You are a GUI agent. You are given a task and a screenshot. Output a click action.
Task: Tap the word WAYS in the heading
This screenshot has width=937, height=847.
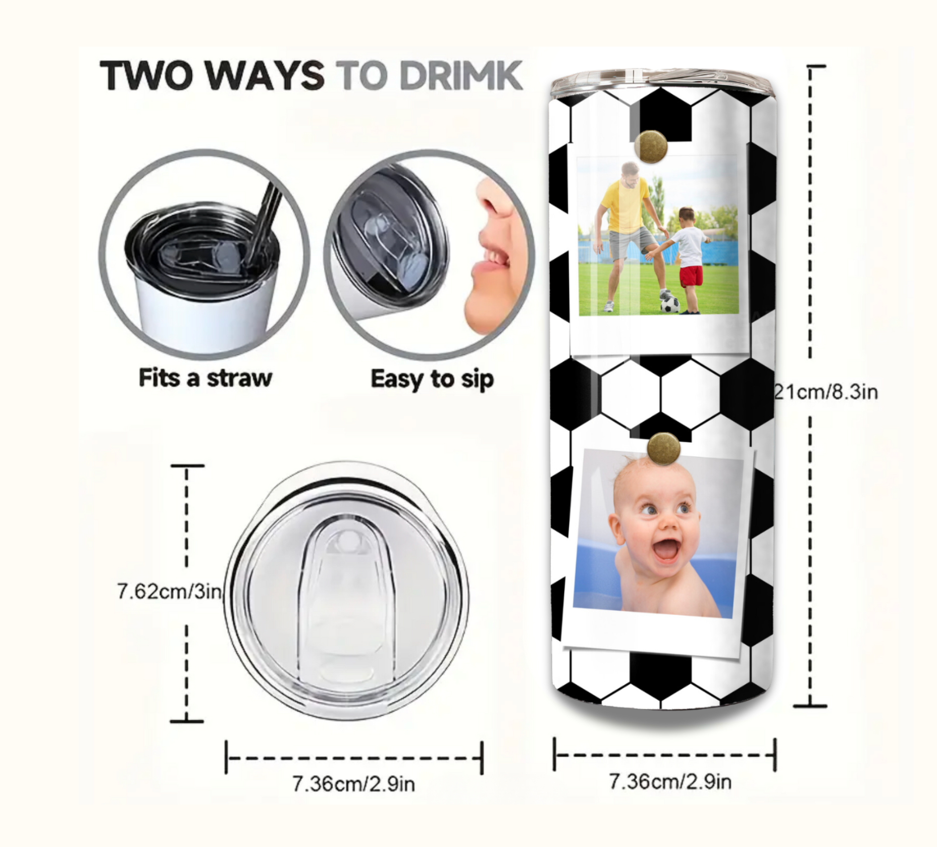pos(265,76)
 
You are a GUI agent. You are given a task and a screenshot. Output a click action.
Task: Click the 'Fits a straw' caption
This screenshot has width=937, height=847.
pos(205,378)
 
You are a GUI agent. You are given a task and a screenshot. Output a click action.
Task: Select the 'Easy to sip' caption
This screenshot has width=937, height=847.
pos(432,379)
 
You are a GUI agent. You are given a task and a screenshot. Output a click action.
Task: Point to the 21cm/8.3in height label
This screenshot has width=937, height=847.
pos(827,392)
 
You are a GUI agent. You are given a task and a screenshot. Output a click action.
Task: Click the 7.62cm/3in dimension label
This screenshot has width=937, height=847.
pos(169,591)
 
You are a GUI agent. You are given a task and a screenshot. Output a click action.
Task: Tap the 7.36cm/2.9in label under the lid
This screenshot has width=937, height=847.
pos(353,783)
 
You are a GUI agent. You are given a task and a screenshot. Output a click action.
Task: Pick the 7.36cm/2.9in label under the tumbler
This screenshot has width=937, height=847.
pos(670,781)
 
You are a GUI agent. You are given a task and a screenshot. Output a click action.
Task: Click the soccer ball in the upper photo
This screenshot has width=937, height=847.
pos(669,304)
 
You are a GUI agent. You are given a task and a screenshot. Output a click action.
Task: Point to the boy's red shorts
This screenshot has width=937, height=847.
pos(691,277)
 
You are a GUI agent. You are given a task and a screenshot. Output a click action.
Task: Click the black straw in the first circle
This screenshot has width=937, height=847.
pos(266,217)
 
